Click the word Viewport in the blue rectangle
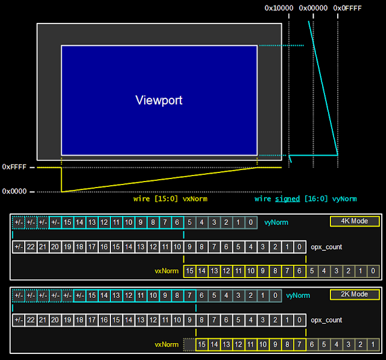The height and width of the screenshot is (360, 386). pyautogui.click(x=159, y=100)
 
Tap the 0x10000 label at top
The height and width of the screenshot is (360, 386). pyautogui.click(x=279, y=8)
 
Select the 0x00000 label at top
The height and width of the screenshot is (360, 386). pyautogui.click(x=313, y=8)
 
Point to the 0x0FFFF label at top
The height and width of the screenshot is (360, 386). pyautogui.click(x=347, y=8)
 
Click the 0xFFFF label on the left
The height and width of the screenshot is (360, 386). pyautogui.click(x=14, y=167)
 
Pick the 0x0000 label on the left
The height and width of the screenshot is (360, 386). pyautogui.click(x=14, y=191)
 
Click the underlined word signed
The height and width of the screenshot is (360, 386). pyautogui.click(x=287, y=199)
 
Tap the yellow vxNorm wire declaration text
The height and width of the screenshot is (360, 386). pyautogui.click(x=170, y=199)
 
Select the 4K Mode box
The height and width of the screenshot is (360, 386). pyautogui.click(x=355, y=221)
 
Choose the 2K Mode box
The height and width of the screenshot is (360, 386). pyautogui.click(x=355, y=294)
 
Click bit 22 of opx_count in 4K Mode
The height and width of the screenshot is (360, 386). pyautogui.click(x=31, y=247)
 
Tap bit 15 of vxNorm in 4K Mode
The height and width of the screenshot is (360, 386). pyautogui.click(x=189, y=271)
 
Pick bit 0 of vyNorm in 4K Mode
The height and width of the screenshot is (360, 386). pyautogui.click(x=251, y=223)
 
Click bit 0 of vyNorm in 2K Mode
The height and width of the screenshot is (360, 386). pyautogui.click(x=275, y=295)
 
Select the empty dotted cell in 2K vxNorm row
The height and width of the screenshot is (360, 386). pyautogui.click(x=189, y=344)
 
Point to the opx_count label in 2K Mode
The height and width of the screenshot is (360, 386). pyautogui.click(x=326, y=320)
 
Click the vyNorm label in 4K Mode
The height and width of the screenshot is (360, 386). pyautogui.click(x=276, y=223)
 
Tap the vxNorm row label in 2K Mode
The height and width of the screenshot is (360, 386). pyautogui.click(x=166, y=344)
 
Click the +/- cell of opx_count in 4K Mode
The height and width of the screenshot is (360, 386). pyautogui.click(x=19, y=247)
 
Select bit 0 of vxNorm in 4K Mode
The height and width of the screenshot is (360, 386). pyautogui.click(x=373, y=271)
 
